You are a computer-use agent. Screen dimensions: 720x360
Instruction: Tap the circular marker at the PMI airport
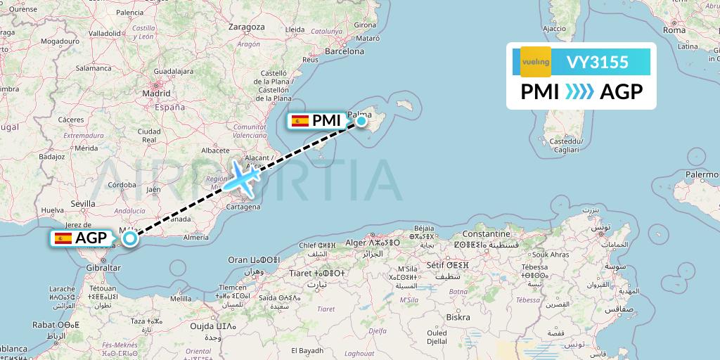point(361,121)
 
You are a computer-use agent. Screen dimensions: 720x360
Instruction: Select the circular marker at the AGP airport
point(130,239)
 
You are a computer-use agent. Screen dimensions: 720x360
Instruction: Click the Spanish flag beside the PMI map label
point(300,121)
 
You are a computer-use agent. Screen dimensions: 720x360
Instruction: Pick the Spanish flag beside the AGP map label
point(63,238)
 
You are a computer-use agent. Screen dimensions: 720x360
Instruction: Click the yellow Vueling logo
point(536,62)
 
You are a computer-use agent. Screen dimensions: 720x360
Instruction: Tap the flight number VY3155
point(597,62)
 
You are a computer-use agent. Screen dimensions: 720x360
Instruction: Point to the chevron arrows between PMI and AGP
point(579,92)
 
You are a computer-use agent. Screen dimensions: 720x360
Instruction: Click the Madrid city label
point(156,93)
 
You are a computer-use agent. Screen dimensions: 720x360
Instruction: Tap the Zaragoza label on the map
point(247,27)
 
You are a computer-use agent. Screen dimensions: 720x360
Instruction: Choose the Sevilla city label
point(82,204)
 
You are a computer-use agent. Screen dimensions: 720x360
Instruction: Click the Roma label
point(674,30)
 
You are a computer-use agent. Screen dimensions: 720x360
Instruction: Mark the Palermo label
point(702,174)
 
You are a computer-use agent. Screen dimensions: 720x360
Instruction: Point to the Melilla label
point(181,299)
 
